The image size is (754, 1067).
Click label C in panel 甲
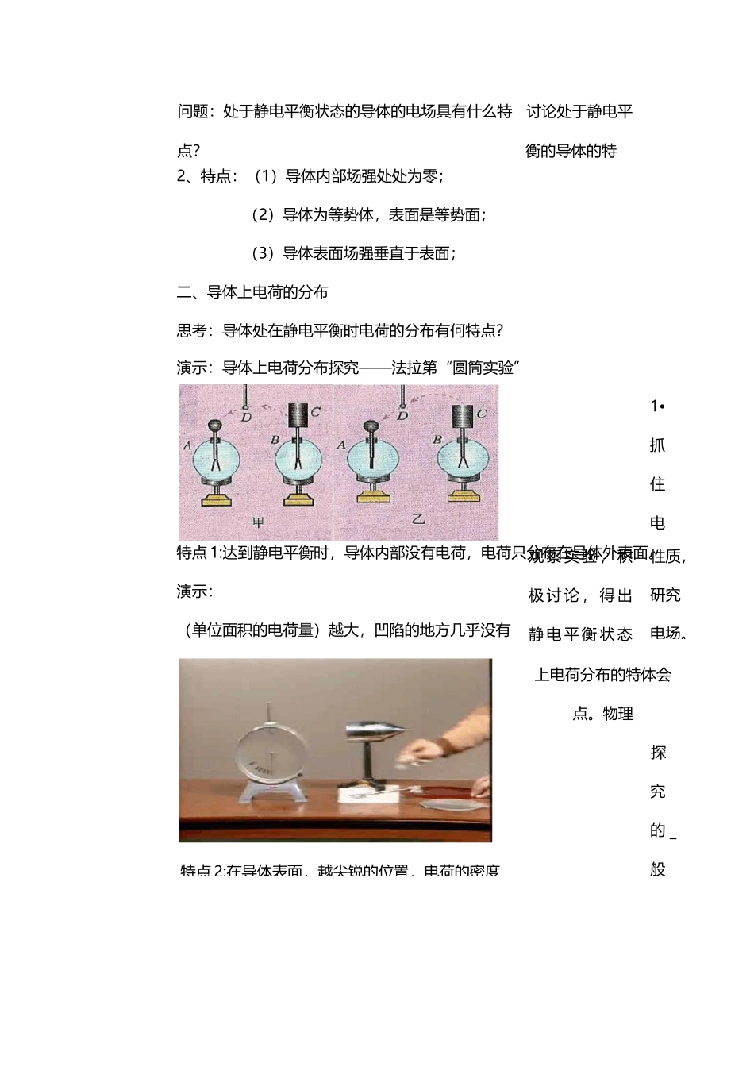(x=315, y=412)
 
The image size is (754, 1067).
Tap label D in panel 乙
(x=402, y=415)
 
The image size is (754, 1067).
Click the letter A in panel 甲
(x=188, y=445)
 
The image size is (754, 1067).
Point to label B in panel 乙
(x=436, y=439)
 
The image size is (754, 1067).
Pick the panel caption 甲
(x=257, y=522)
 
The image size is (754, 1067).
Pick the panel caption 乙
(x=417, y=521)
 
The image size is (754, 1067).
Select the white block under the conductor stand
(x=362, y=791)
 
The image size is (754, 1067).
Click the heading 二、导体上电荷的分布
(x=252, y=292)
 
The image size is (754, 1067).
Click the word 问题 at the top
(x=193, y=112)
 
